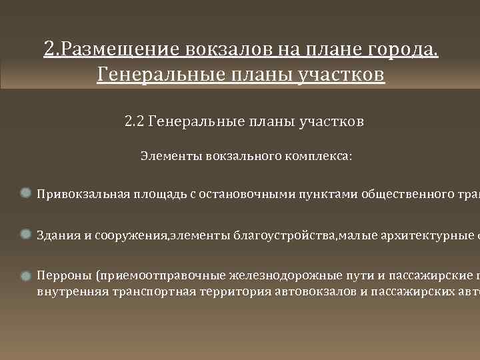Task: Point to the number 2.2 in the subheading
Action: pyautogui.click(x=134, y=122)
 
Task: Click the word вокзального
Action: pyautogui.click(x=241, y=156)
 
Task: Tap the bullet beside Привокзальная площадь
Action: pyautogui.click(x=25, y=193)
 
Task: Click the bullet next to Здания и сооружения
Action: pyautogui.click(x=25, y=234)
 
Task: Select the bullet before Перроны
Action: pyautogui.click(x=25, y=275)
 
